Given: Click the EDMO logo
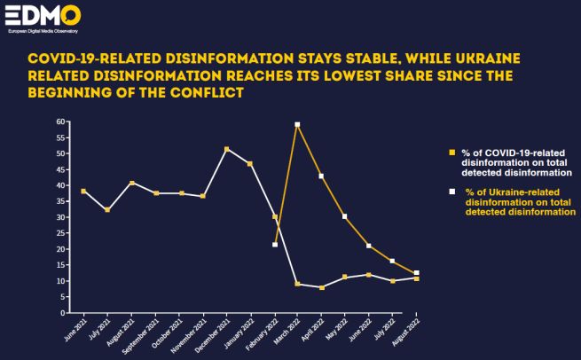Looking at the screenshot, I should click(x=43, y=17).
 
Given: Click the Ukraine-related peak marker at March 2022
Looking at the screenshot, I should click(x=297, y=125).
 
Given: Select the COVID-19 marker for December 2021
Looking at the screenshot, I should click(x=226, y=149).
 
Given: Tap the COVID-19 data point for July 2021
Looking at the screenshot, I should click(x=107, y=210).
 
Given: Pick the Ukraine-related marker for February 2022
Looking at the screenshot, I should click(x=275, y=245).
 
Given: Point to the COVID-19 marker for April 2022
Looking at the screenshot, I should click(x=321, y=288).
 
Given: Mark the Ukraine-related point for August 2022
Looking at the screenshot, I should click(x=416, y=273).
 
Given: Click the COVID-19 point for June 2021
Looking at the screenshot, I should click(x=83, y=192).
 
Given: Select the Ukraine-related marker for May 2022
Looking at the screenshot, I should click(x=344, y=216).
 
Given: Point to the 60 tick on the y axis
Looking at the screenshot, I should click(x=62, y=121).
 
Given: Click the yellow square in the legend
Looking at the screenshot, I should click(x=452, y=153).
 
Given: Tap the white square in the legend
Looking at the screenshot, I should click(x=452, y=192).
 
